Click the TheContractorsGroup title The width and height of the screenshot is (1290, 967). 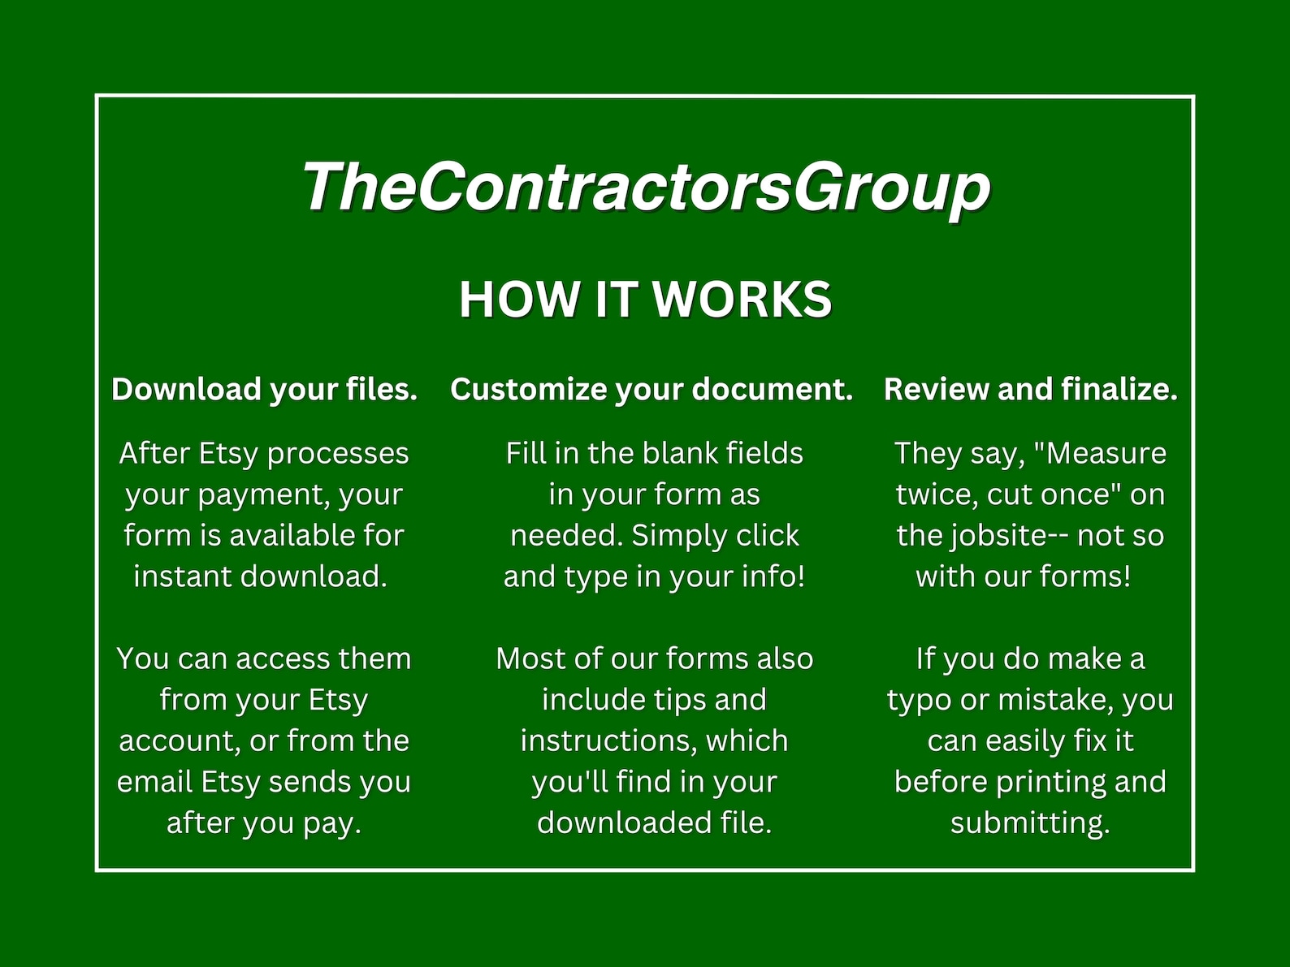tap(646, 187)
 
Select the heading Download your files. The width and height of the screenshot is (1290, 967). tap(264, 390)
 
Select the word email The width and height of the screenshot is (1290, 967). tap(154, 782)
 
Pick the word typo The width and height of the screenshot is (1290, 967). tap(918, 701)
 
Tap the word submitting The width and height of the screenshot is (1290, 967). tap(1030, 823)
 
